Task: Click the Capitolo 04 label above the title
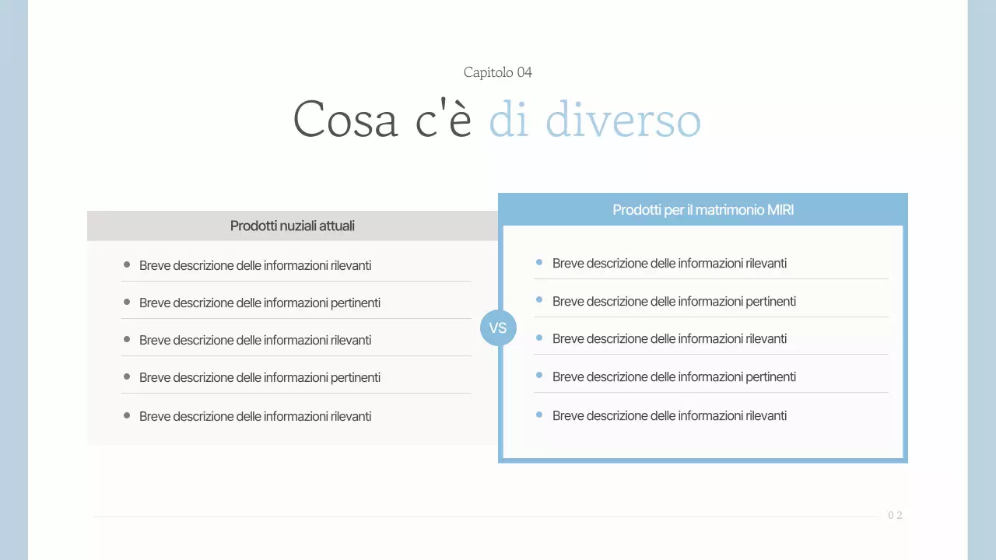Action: (x=497, y=72)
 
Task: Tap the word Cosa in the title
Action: (x=345, y=120)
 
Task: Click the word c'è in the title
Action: (x=444, y=120)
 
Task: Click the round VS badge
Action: (x=498, y=327)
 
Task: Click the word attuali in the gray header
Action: (x=338, y=226)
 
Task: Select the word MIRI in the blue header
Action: (x=780, y=210)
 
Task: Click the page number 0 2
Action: (x=895, y=516)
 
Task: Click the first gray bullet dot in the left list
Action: (x=127, y=264)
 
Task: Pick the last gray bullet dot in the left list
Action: (x=127, y=415)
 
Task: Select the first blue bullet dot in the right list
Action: (x=539, y=262)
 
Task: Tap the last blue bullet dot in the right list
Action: (x=539, y=415)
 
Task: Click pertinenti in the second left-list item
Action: (x=356, y=303)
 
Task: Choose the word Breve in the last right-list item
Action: (x=568, y=416)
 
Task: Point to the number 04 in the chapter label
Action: (x=524, y=72)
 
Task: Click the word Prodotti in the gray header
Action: (x=254, y=226)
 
